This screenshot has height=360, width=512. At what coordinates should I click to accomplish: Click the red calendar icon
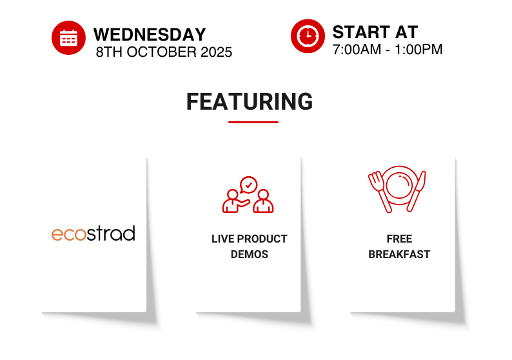click(x=68, y=38)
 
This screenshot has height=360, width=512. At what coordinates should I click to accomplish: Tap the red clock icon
click(x=308, y=36)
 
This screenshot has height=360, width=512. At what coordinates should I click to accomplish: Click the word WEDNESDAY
click(x=150, y=35)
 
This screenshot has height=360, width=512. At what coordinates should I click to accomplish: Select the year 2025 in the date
click(x=216, y=52)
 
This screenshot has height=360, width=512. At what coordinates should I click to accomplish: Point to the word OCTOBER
click(x=162, y=52)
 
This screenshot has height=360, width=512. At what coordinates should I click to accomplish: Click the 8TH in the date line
click(x=110, y=52)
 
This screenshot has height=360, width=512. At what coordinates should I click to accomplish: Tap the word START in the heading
click(x=361, y=32)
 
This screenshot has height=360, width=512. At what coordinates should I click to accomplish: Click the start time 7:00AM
click(x=357, y=50)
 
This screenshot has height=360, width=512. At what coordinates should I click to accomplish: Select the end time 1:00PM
click(x=418, y=50)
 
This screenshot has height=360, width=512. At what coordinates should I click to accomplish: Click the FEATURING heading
click(x=250, y=101)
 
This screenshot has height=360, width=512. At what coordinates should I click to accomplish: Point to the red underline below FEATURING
click(x=253, y=122)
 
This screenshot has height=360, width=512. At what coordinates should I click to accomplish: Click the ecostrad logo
click(x=94, y=234)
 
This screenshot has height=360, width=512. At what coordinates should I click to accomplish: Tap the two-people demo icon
click(x=248, y=195)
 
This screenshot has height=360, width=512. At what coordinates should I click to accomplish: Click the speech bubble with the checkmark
click(x=248, y=185)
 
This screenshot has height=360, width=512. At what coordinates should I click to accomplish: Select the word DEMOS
click(x=250, y=254)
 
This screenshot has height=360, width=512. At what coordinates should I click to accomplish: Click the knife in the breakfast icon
click(x=417, y=191)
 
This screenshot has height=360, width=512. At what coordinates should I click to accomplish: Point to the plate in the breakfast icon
click(x=399, y=186)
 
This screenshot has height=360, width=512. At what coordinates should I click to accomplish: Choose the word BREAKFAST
click(x=399, y=254)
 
